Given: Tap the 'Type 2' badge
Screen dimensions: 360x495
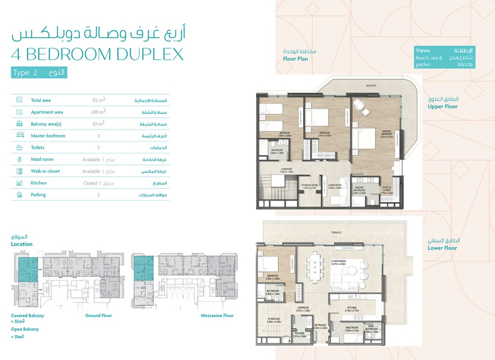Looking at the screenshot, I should pyautogui.click(x=25, y=73).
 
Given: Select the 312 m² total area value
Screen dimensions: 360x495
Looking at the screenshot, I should pyautogui.click(x=99, y=100).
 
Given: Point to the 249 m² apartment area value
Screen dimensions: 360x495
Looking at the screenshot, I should pyautogui.click(x=99, y=112).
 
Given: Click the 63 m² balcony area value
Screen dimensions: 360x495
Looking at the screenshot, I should pyautogui.click(x=99, y=124).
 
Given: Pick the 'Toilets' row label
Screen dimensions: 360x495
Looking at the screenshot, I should pyautogui.click(x=38, y=148).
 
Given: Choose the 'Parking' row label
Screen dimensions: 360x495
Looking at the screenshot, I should pyautogui.click(x=38, y=195).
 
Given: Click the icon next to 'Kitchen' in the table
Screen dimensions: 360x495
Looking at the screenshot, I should pyautogui.click(x=19, y=183).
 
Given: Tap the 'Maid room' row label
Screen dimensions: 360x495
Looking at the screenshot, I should pyautogui.click(x=42, y=159).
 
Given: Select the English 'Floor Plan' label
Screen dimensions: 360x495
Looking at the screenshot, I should pyautogui.click(x=296, y=59).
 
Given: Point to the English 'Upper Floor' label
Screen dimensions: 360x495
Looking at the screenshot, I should pyautogui.click(x=443, y=106).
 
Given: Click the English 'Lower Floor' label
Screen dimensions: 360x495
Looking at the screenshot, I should pyautogui.click(x=442, y=248).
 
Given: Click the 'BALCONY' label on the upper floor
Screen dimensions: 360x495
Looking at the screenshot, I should pyautogui.click(x=371, y=86).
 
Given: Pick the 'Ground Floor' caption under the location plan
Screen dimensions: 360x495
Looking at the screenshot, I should pyautogui.click(x=99, y=315).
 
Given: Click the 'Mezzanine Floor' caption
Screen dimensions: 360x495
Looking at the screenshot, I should pyautogui.click(x=217, y=315).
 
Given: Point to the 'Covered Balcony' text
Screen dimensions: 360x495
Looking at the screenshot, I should pyautogui.click(x=27, y=315).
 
